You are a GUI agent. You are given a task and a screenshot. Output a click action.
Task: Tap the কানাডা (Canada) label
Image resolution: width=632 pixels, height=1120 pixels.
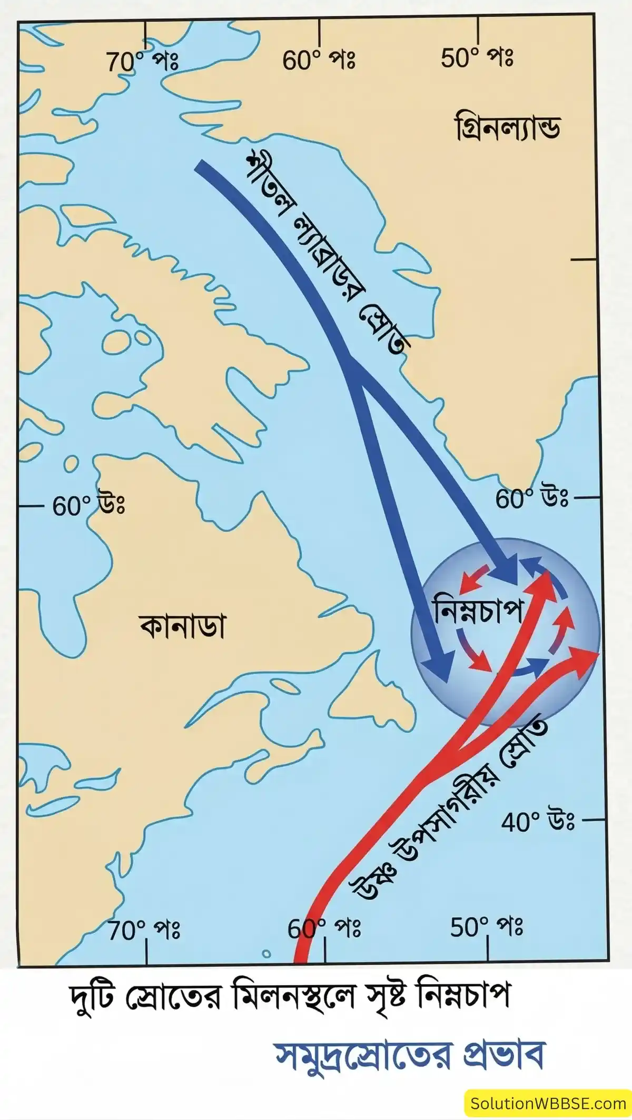coord(182,627)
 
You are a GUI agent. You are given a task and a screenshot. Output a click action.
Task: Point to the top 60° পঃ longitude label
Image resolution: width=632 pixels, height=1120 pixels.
coord(319,62)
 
